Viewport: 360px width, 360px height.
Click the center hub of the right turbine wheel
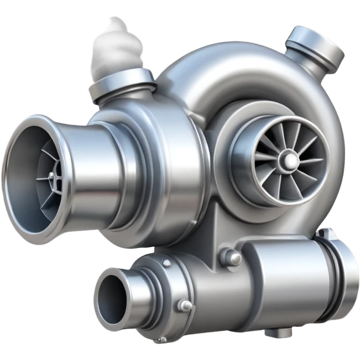(288, 160)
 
